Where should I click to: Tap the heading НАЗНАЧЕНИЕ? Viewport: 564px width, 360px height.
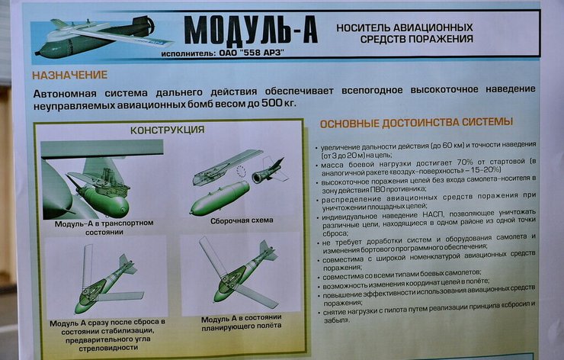point(70,75)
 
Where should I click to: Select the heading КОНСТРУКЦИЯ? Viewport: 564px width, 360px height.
point(167,130)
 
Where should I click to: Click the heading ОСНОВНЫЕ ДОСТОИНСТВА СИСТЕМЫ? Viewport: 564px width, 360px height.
point(416,123)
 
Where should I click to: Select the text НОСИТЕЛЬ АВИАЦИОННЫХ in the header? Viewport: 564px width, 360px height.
point(404,26)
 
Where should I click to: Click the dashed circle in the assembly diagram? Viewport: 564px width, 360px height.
point(242,172)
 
